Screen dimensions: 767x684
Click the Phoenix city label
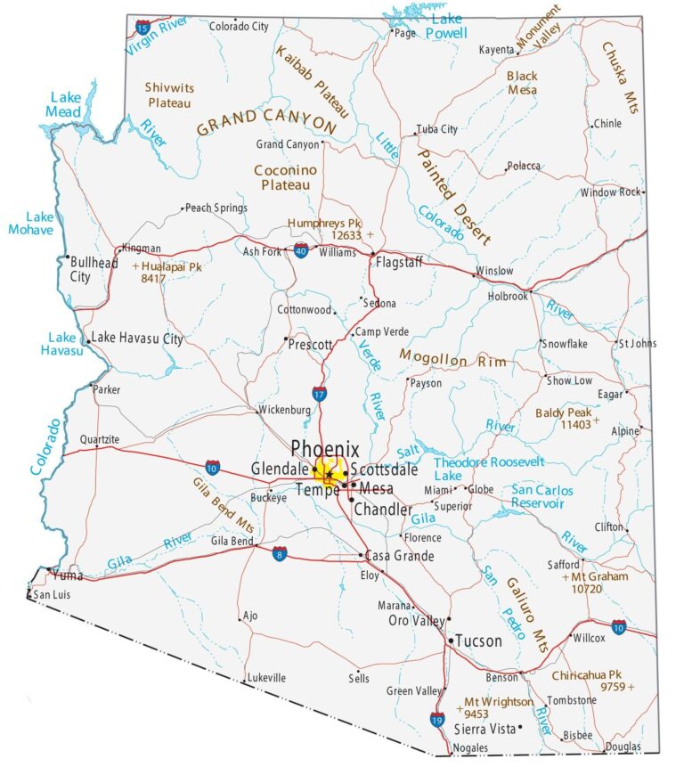click(325, 449)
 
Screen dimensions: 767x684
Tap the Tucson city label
click(478, 641)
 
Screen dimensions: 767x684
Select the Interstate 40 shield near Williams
click(302, 250)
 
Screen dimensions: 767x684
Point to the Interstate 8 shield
click(280, 553)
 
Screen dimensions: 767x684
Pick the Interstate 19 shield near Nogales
click(436, 720)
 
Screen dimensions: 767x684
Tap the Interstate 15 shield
click(143, 28)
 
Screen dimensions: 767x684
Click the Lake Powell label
click(445, 26)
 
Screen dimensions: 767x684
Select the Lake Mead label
click(66, 104)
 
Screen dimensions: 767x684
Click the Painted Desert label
click(452, 196)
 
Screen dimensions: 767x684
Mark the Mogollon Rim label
click(452, 358)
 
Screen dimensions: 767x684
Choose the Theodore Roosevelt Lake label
click(487, 469)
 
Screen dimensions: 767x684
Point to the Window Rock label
click(610, 192)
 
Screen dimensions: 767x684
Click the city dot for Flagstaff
click(372, 254)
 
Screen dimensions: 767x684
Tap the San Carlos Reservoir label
click(541, 496)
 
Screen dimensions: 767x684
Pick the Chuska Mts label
click(620, 78)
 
